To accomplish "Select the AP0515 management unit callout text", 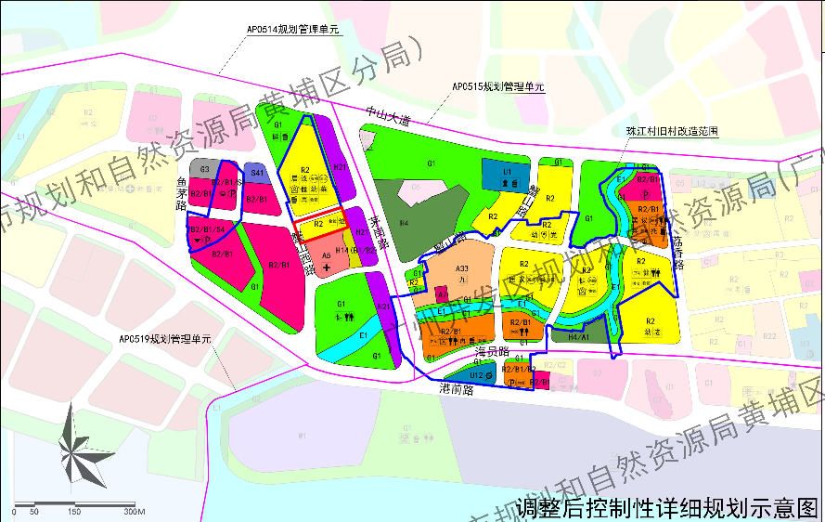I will (497, 86).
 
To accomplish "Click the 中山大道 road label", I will (387, 114).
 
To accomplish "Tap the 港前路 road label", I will (456, 390).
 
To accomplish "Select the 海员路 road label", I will (492, 353).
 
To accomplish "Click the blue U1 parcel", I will (507, 174).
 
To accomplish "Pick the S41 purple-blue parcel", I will (256, 173).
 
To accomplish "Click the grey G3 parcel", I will (205, 170).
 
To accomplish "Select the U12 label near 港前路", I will (475, 374).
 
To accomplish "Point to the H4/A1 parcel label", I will (578, 337).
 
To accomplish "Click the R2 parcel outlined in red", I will (321, 224).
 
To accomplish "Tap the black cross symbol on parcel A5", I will (327, 266).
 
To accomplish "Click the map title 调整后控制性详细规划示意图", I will (667, 507).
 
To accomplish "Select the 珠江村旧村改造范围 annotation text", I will (671, 132).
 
